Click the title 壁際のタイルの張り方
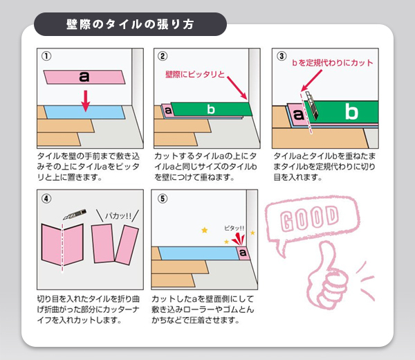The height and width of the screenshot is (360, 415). pyautogui.click(x=130, y=24)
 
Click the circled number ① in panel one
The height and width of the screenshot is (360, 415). pyautogui.click(x=46, y=56)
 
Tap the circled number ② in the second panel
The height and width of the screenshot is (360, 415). pyautogui.click(x=163, y=56)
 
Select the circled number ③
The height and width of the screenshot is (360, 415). pyautogui.click(x=282, y=56)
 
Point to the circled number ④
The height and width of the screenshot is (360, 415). pyautogui.click(x=46, y=199)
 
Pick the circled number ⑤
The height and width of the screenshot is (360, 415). pyautogui.click(x=163, y=199)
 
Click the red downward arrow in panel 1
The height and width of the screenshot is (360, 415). pyautogui.click(x=85, y=101)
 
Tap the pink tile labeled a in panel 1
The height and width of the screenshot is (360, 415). pyautogui.click(x=84, y=78)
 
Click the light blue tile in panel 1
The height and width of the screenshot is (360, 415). pyautogui.click(x=84, y=112)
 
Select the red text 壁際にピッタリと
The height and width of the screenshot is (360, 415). pyautogui.click(x=195, y=75)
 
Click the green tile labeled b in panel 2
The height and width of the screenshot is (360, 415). pyautogui.click(x=211, y=109)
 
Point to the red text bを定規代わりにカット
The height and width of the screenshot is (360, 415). pyautogui.click(x=333, y=63)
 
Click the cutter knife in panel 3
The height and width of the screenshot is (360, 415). pyautogui.click(x=312, y=105)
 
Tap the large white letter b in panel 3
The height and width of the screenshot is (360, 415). pyautogui.click(x=351, y=111)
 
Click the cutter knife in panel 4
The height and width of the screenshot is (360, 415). pyautogui.click(x=75, y=215)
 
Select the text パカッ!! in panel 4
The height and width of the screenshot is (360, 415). pyautogui.click(x=118, y=216)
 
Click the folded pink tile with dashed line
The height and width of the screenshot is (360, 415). pyautogui.click(x=62, y=245)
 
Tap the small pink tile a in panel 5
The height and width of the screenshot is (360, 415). pyautogui.click(x=243, y=253)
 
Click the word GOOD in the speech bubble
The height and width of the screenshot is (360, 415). pyautogui.click(x=309, y=218)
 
